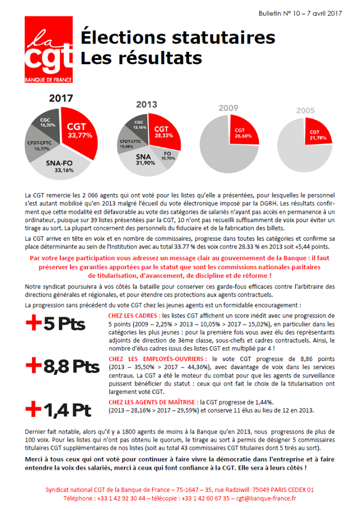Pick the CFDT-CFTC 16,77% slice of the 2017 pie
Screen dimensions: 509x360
tap(40, 145)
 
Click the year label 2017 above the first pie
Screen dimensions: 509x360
tap(61, 98)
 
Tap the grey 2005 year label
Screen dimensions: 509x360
tap(305, 111)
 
